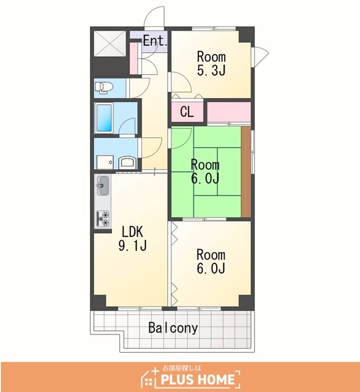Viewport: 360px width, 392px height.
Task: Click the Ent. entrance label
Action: tap(155, 40)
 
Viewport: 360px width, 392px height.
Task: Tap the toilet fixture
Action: tap(103, 88)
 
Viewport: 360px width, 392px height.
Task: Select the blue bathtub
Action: tap(104, 118)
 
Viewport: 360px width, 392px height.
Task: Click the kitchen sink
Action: tap(103, 186)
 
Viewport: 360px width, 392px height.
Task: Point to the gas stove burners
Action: tap(103, 219)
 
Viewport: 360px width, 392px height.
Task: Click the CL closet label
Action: tap(187, 111)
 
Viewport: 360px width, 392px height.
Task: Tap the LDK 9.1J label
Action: tap(132, 238)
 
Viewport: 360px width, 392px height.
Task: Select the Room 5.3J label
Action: tap(211, 64)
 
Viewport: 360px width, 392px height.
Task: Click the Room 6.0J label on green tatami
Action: tap(205, 171)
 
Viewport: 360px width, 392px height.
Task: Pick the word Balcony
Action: tap(173, 328)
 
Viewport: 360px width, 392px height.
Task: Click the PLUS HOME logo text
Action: tap(198, 380)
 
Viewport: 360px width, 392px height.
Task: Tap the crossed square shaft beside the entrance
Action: tap(110, 43)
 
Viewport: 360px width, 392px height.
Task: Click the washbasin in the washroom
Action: tap(128, 162)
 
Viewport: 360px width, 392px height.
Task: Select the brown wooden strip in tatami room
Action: tap(246, 171)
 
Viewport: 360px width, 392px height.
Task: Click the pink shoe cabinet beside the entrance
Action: tap(134, 58)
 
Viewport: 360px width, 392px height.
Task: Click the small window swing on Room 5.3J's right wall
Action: tap(261, 56)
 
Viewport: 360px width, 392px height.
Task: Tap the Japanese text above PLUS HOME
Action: tap(181, 368)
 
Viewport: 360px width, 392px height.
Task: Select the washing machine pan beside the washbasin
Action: tap(105, 162)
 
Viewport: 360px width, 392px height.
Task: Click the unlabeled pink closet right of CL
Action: tap(229, 111)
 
